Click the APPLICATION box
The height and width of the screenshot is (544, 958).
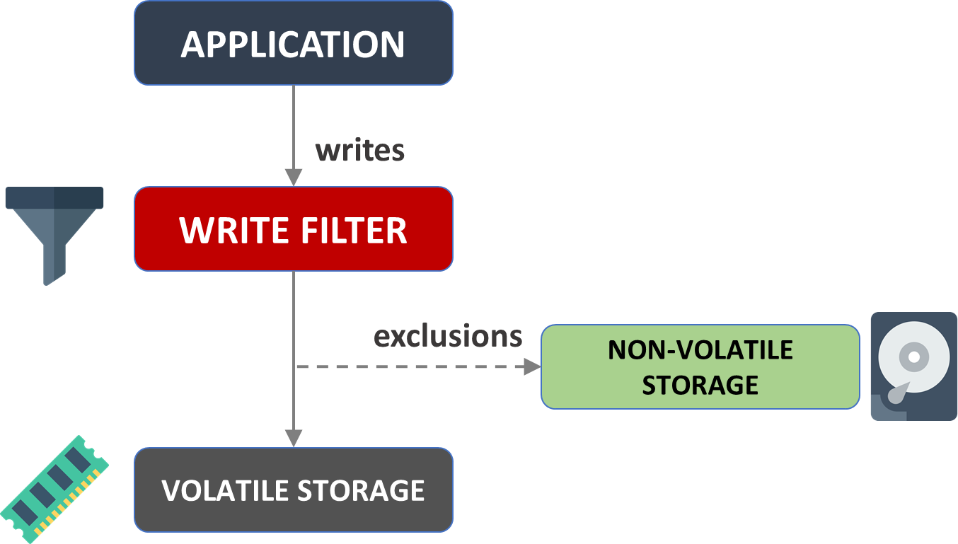click(293, 44)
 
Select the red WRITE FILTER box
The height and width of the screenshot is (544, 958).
click(293, 229)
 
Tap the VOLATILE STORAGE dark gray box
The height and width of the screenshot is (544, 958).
click(293, 490)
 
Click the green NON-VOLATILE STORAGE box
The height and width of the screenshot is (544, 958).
click(700, 366)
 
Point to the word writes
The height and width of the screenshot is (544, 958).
click(359, 150)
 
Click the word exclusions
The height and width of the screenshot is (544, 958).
click(448, 335)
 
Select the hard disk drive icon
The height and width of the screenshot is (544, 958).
click(913, 366)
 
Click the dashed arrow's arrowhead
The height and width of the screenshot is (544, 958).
click(531, 366)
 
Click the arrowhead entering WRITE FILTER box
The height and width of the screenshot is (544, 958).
click(294, 178)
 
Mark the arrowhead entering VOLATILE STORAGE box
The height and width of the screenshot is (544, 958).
click(294, 438)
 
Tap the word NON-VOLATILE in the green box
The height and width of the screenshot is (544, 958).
click(700, 349)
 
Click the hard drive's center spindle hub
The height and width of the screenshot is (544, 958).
click(913, 357)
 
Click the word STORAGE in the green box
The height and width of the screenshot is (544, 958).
click(700, 385)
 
